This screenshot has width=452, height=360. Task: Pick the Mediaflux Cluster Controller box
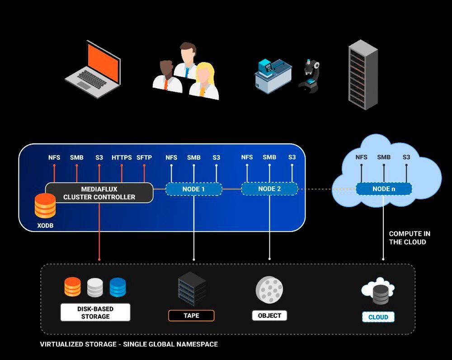pyautogui.click(x=99, y=193)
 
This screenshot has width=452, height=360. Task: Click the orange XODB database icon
pyautogui.click(x=45, y=206)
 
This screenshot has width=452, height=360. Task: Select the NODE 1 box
pyautogui.click(x=194, y=189)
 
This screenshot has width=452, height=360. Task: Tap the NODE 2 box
pyautogui.click(x=269, y=189)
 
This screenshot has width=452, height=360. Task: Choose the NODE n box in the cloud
pyautogui.click(x=384, y=189)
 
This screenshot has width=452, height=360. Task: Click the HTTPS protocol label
pyautogui.click(x=122, y=158)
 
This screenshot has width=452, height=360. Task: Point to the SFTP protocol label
pyautogui.click(x=144, y=158)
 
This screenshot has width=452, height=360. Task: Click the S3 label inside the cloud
pyautogui.click(x=406, y=157)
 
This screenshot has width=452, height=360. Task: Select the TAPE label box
pyautogui.click(x=191, y=316)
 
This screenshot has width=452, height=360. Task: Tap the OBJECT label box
pyautogui.click(x=269, y=316)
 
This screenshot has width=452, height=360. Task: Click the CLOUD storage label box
pyautogui.click(x=378, y=317)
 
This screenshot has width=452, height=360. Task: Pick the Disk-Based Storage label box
pyautogui.click(x=95, y=313)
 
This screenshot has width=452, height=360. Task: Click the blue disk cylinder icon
pyautogui.click(x=118, y=287)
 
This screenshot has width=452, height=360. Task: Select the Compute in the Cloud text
pyautogui.click(x=410, y=238)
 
